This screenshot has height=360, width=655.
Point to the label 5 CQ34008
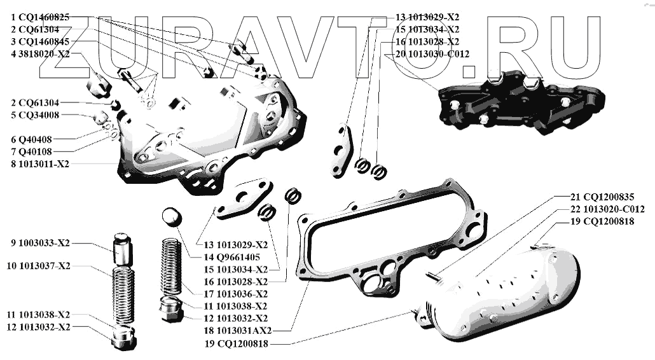[x=35, y=115]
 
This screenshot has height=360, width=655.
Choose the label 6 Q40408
[x=31, y=139]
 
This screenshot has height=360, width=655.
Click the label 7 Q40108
[x=31, y=152]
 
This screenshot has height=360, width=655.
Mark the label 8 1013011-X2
[x=40, y=164]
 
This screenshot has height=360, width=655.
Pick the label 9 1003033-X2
[x=40, y=243]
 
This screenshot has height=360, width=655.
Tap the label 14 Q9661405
[x=231, y=257]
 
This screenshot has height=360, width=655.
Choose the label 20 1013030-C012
[x=432, y=54]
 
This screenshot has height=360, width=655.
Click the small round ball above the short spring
[x=170, y=217]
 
